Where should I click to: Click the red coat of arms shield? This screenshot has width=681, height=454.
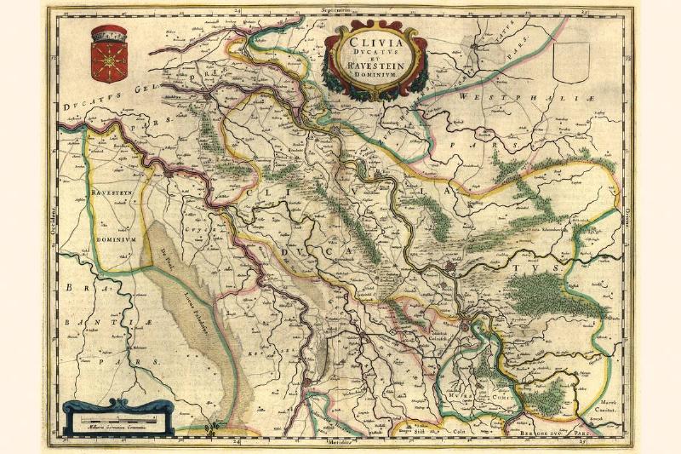click(108, 55)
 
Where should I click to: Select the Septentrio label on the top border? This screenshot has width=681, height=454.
click(337, 9)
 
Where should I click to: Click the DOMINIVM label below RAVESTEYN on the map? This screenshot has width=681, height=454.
click(117, 241)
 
